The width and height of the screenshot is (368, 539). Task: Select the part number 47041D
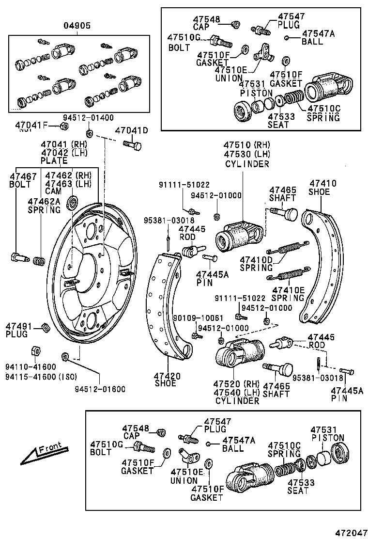[131, 130]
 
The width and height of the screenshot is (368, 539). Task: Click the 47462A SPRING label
[44, 206]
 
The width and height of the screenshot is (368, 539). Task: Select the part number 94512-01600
[100, 389]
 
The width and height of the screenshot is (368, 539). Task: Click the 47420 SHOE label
[168, 380]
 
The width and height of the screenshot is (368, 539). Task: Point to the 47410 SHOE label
[322, 188]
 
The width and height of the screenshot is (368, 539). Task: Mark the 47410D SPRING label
[257, 263]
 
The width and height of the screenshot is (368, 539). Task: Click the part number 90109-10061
[198, 318]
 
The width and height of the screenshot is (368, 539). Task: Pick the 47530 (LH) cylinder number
[246, 154]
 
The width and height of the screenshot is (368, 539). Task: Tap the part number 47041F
[31, 126]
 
